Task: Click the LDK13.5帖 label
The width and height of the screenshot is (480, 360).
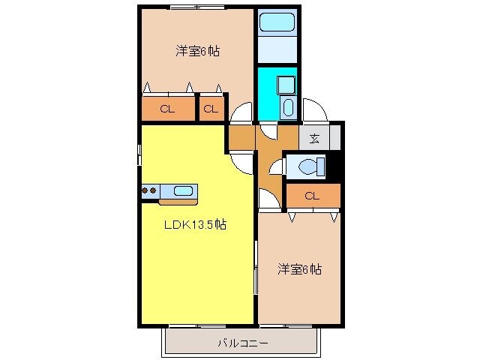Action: tap(196, 224)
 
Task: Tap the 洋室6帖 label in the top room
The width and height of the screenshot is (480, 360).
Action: tap(198, 52)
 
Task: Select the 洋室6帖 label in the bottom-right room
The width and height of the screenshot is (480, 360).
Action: tap(300, 268)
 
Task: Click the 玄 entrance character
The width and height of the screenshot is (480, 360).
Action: tap(314, 138)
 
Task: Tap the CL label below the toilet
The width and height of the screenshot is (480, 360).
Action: tap(313, 196)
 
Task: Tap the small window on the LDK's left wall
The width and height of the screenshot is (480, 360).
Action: tap(139, 154)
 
